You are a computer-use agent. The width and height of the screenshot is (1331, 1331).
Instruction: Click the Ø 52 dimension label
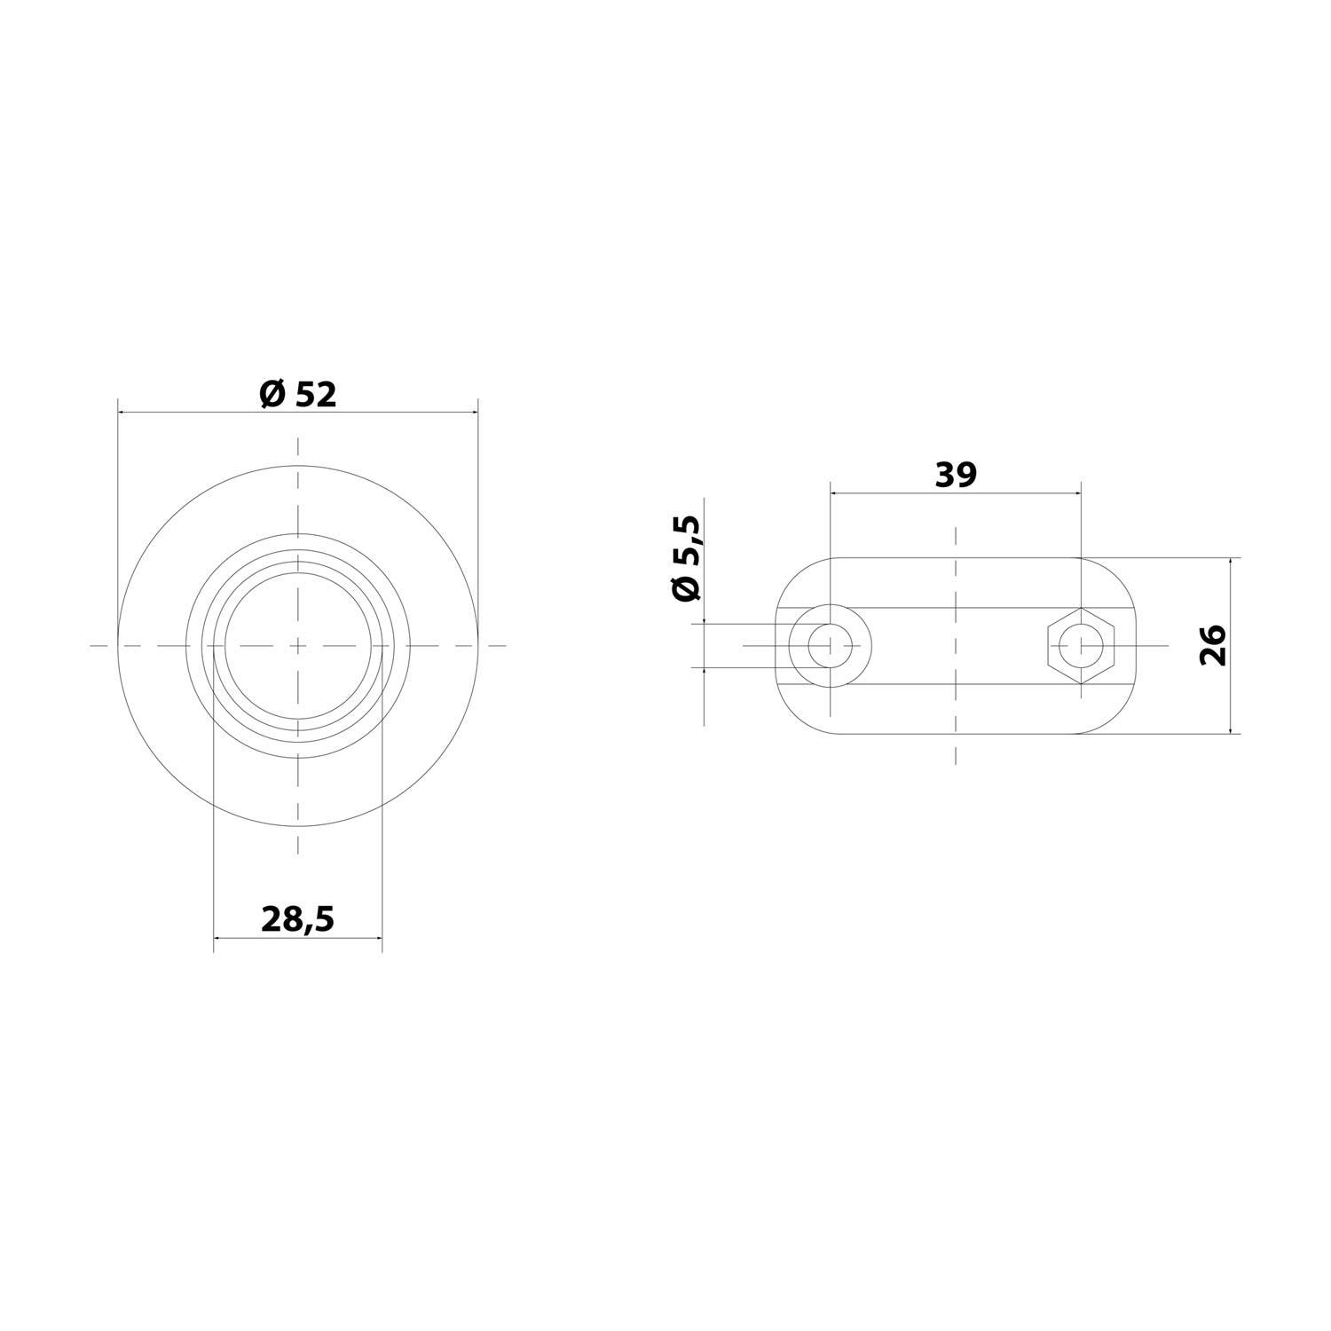[x=298, y=395]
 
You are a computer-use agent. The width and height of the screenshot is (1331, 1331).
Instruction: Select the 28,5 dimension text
[x=297, y=920]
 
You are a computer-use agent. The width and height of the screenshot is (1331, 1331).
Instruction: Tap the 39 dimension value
[x=956, y=475]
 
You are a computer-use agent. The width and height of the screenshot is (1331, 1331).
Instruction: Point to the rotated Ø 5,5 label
[x=688, y=559]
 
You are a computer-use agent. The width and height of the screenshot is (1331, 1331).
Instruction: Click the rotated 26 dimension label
[x=1212, y=645]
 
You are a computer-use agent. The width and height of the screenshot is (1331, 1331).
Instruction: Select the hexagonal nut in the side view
[x=1080, y=645]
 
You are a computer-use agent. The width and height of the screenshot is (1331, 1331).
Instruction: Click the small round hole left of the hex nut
[x=830, y=645]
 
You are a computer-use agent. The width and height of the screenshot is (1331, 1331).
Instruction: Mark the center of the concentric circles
[x=298, y=646]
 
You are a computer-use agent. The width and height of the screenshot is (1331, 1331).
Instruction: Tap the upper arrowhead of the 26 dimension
[x=1232, y=563]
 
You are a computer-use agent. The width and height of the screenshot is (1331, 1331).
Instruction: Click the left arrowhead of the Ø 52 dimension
[x=123, y=412]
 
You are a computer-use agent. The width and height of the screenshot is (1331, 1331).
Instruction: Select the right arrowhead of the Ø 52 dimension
[x=473, y=412]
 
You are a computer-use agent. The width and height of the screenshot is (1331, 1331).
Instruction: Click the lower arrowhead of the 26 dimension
[x=1232, y=729]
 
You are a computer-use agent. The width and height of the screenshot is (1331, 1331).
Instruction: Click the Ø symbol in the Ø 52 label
[x=272, y=395]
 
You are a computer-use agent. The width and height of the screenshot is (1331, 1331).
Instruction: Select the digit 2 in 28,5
[x=271, y=920]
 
